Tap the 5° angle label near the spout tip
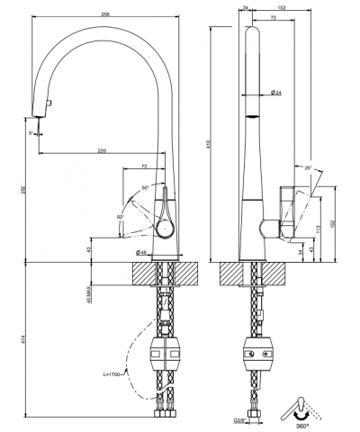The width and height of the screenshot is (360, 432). pos(31,132)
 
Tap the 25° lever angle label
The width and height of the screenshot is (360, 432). pos(309,168)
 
